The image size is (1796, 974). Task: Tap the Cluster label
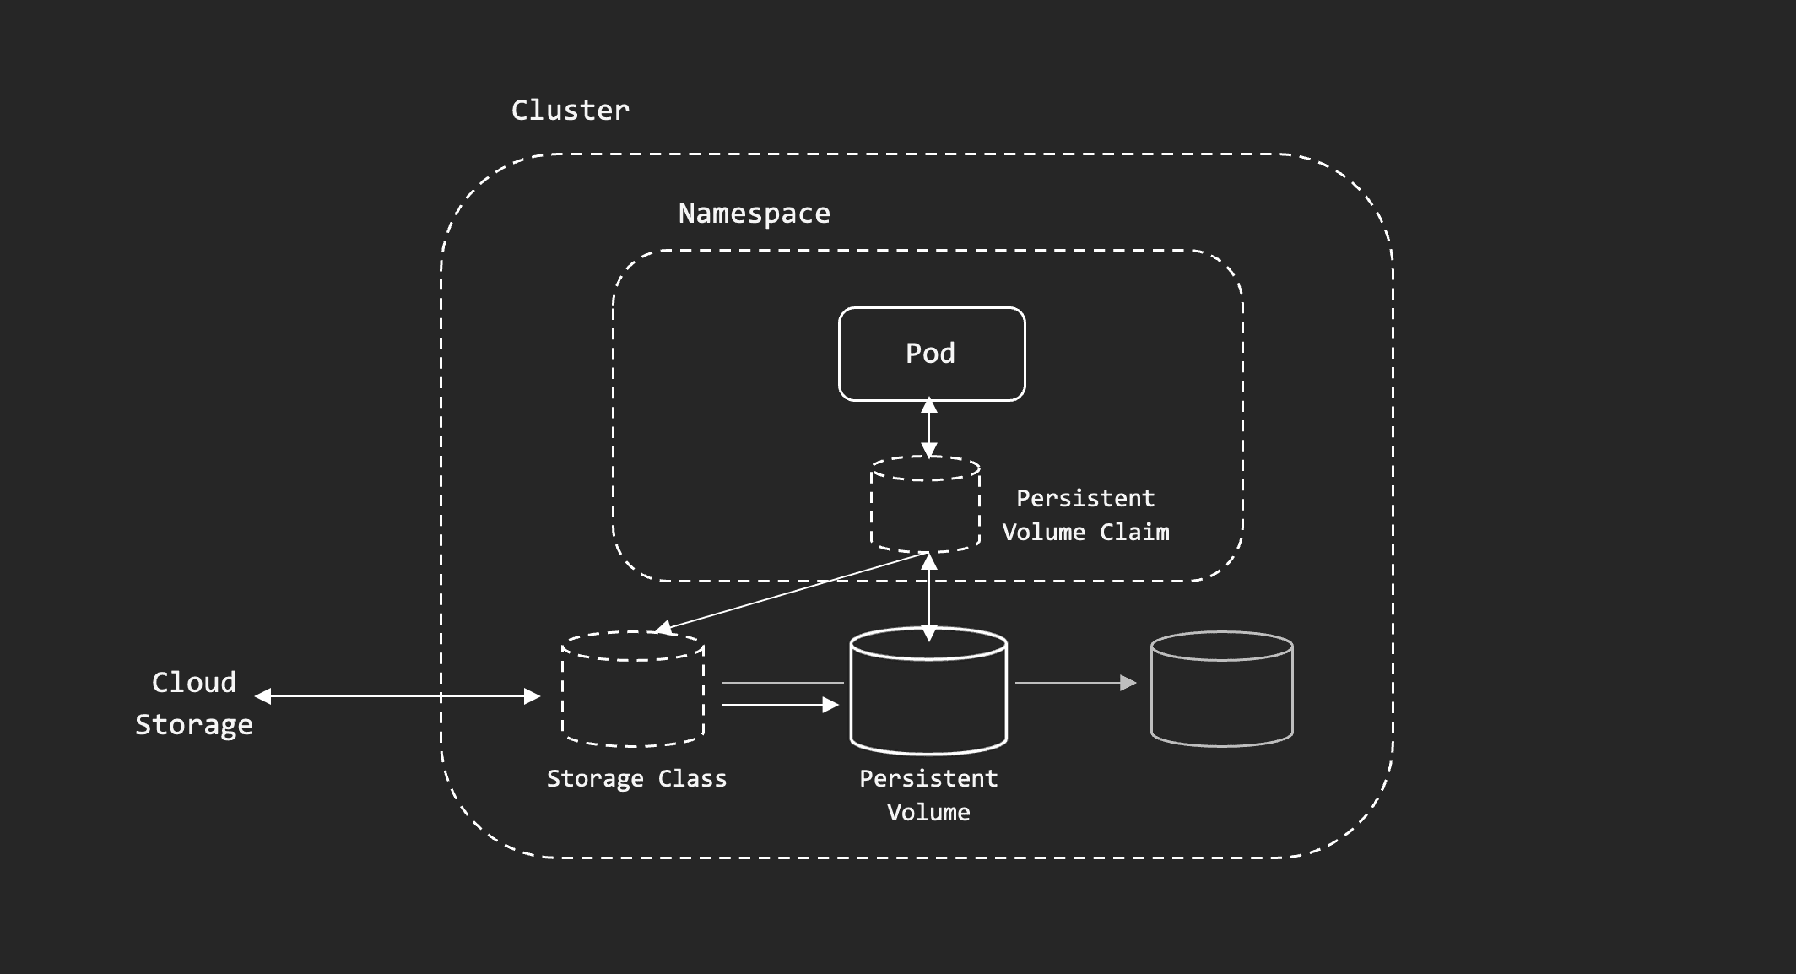pyautogui.click(x=571, y=110)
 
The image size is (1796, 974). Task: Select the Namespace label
pyautogui.click(x=754, y=214)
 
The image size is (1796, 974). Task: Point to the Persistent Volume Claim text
pyautogui.click(x=1085, y=515)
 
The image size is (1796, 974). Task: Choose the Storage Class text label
pyautogui.click(x=636, y=778)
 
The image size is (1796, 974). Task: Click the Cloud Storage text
pyautogui.click(x=194, y=703)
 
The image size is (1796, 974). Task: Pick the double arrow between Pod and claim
pyautogui.click(x=929, y=428)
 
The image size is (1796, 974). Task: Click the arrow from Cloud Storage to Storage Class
pyautogui.click(x=397, y=696)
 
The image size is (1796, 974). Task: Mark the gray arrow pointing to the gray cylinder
pyautogui.click(x=1075, y=683)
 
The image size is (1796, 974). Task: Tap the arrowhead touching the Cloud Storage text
pyautogui.click(x=263, y=696)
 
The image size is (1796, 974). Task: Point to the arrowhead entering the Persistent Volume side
pyautogui.click(x=830, y=705)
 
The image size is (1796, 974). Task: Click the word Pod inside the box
pyautogui.click(x=930, y=353)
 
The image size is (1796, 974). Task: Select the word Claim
pyautogui.click(x=1134, y=533)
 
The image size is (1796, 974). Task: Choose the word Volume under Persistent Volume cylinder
pyautogui.click(x=928, y=813)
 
